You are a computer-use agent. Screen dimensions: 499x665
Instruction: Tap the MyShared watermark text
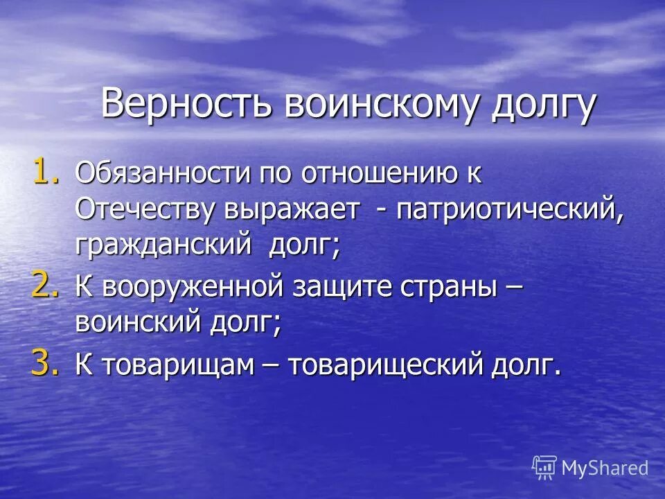[604, 468]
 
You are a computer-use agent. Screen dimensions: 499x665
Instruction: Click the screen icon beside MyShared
[544, 468]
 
